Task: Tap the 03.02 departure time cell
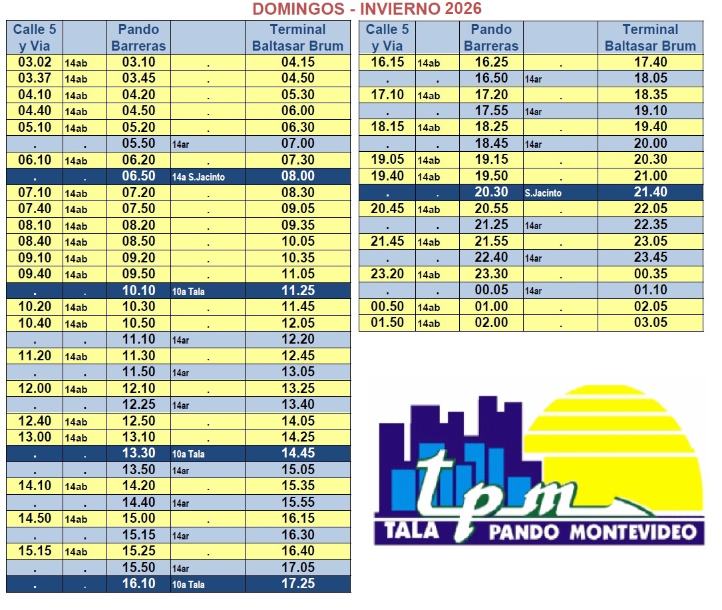(34, 63)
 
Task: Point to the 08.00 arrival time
(297, 176)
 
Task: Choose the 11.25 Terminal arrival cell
(297, 290)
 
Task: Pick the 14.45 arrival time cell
(297, 454)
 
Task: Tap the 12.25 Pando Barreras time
(138, 405)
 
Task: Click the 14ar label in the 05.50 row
(180, 145)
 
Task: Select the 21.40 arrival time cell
(650, 192)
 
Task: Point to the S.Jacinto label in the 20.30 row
(543, 193)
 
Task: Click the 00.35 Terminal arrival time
(650, 274)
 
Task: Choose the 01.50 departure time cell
(387, 323)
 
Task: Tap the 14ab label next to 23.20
(429, 275)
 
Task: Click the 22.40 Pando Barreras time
(491, 258)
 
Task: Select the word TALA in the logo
(412, 530)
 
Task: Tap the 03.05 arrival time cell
(650, 323)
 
